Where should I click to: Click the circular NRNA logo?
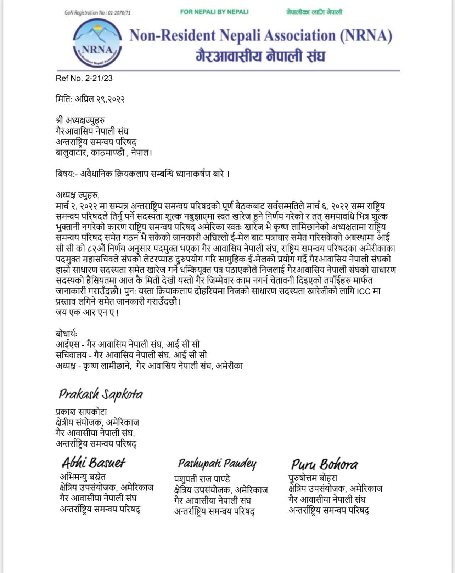(97, 43)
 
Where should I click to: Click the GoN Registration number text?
(97, 13)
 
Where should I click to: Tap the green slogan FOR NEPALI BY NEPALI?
(214, 12)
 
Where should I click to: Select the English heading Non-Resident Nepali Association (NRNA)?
(261, 36)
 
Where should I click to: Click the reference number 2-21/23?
(84, 78)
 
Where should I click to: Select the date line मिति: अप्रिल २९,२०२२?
(90, 99)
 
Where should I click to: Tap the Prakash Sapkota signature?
(101, 394)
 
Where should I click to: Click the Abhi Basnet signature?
(94, 463)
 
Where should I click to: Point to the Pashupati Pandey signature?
(217, 464)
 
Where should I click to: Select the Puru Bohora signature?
(324, 464)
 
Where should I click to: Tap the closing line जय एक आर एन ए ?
(87, 313)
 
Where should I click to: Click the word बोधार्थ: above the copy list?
(66, 334)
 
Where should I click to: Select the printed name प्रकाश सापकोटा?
(81, 412)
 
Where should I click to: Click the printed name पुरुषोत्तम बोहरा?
(313, 478)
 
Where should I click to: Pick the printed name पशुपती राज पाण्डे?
(202, 479)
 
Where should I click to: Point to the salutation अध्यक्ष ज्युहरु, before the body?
(78, 195)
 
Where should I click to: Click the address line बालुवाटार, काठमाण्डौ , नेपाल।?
(104, 153)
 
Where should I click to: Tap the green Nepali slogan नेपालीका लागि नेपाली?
(314, 12)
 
